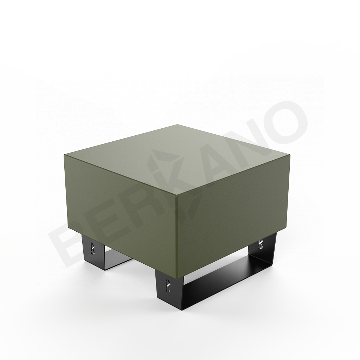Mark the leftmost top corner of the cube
point(64,154)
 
